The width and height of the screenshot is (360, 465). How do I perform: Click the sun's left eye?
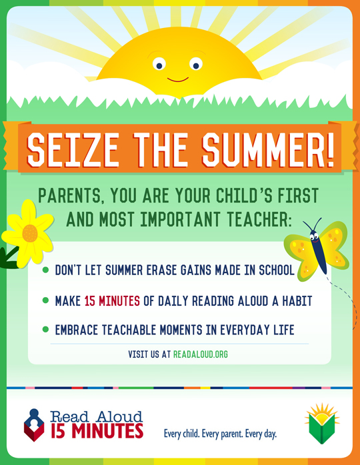point(159,64)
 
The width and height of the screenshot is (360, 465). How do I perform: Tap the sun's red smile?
point(178,80)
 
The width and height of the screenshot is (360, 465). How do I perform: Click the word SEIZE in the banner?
point(73,149)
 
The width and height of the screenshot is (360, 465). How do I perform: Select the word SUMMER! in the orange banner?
point(269,149)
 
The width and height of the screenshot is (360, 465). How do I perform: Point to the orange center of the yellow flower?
point(30,233)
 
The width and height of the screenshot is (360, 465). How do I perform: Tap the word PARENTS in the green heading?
point(71,196)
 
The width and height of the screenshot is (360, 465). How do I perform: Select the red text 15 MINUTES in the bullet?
point(112,301)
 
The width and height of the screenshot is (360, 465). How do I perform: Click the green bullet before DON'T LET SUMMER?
point(45,270)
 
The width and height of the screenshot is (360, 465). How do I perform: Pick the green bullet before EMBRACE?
point(45,330)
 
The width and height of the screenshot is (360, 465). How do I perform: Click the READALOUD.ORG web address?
point(201,354)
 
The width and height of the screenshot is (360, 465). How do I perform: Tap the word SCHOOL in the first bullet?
point(277,270)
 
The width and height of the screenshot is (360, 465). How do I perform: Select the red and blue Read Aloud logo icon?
point(34,425)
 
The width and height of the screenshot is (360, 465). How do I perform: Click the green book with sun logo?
point(322,424)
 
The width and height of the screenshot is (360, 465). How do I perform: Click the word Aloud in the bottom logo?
point(119,416)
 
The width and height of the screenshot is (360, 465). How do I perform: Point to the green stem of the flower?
point(9,257)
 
